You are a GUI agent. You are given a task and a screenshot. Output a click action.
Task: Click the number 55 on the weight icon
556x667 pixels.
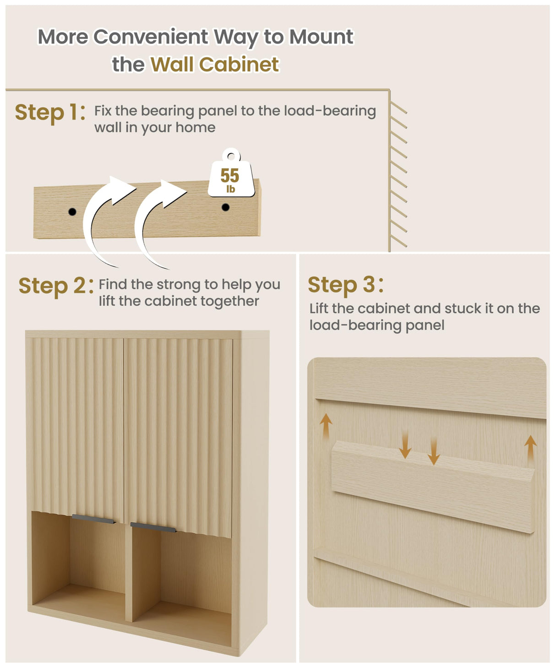[230, 175]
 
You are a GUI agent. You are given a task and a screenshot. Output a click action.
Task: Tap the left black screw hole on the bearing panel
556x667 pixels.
[72, 211]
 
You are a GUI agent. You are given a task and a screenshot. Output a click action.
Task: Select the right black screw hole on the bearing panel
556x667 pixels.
[225, 207]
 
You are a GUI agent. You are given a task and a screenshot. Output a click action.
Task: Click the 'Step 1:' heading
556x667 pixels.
[50, 113]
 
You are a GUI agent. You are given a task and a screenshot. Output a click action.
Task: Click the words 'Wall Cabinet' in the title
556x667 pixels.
[214, 65]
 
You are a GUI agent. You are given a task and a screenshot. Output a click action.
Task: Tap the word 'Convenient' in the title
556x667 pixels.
[151, 37]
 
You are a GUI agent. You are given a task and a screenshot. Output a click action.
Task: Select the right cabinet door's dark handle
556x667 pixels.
[153, 527]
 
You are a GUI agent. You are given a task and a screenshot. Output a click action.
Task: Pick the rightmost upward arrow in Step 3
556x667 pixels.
[530, 449]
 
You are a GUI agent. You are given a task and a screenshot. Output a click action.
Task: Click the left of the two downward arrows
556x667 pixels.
[405, 445]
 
